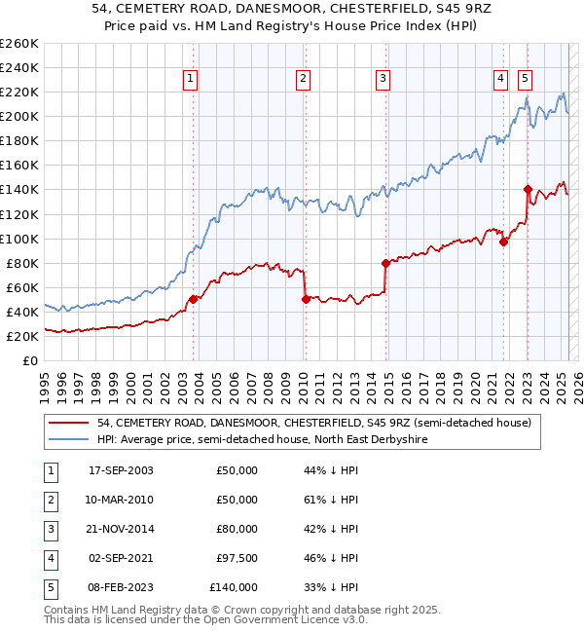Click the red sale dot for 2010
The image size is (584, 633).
point(306,299)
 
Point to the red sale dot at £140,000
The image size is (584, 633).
point(528,189)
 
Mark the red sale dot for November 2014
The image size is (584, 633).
point(385,263)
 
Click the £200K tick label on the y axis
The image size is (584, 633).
point(18,116)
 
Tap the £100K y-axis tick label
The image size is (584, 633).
point(18,239)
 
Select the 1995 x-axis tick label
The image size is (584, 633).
point(45,381)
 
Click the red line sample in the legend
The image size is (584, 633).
point(68,423)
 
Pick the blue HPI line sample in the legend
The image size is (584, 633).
point(68,440)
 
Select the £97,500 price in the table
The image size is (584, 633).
point(235,558)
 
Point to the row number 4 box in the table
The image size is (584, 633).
point(49,558)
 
